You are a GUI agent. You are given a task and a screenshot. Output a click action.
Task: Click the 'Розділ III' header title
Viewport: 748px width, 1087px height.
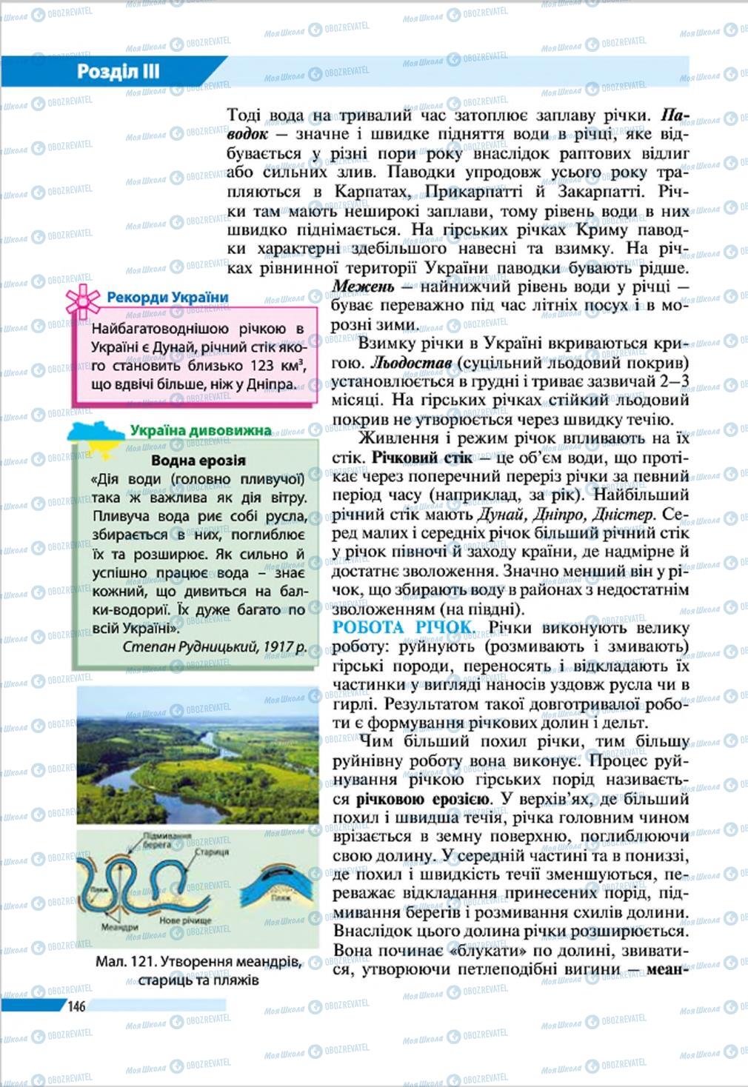[118, 73]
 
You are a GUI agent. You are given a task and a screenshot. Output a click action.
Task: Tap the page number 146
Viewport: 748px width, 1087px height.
[77, 1006]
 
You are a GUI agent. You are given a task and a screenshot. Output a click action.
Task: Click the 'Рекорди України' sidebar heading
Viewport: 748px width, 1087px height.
[167, 298]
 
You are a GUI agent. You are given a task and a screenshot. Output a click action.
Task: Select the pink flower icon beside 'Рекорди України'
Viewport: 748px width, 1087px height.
[82, 300]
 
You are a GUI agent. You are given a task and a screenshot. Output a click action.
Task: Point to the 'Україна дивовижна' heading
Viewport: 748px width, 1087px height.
[200, 430]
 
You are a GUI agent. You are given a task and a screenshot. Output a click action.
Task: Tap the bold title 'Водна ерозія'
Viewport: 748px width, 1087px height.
[198, 460]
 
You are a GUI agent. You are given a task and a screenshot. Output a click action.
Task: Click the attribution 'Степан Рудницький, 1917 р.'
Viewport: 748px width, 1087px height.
[214, 646]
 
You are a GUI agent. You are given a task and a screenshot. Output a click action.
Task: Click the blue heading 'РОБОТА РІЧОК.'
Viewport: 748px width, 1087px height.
[404, 628]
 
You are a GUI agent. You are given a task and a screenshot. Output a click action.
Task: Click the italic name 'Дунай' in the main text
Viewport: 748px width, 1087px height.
[500, 514]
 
